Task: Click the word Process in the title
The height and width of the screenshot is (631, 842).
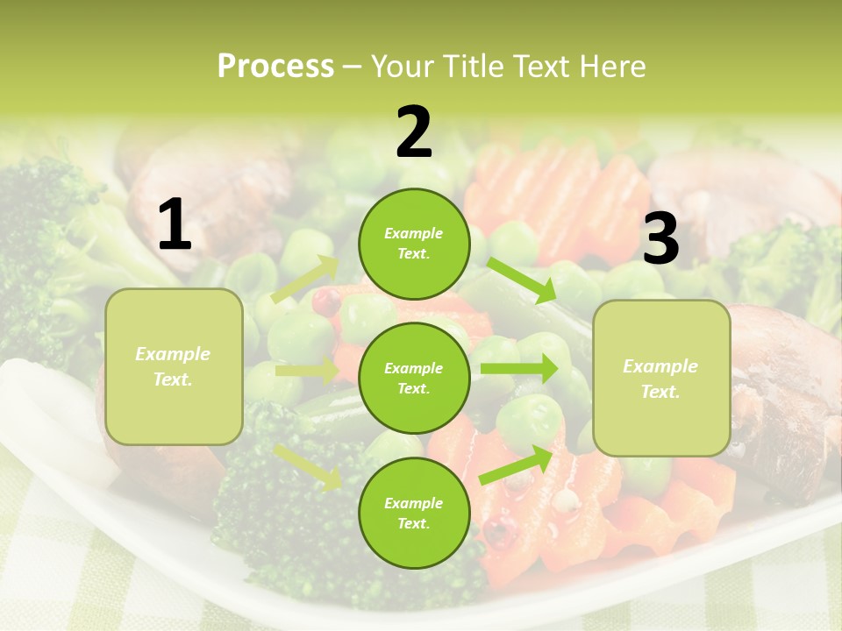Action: click(x=275, y=67)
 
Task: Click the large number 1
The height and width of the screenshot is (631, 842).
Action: click(x=175, y=226)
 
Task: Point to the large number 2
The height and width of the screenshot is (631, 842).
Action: click(x=414, y=133)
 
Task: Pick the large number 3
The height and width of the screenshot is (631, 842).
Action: click(x=661, y=239)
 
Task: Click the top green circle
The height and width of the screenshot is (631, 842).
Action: click(x=414, y=243)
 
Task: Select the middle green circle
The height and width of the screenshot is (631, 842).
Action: click(x=414, y=378)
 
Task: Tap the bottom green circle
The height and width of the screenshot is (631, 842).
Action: click(x=414, y=513)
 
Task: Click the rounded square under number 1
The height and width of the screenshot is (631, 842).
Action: click(x=174, y=366)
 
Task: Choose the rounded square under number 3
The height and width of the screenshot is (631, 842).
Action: click(x=661, y=379)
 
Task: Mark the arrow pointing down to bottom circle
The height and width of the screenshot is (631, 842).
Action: click(x=308, y=467)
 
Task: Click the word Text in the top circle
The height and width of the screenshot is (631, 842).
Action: click(x=412, y=254)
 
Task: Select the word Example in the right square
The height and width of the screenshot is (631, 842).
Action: click(x=660, y=366)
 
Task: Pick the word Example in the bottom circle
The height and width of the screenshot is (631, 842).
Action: click(x=414, y=503)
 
